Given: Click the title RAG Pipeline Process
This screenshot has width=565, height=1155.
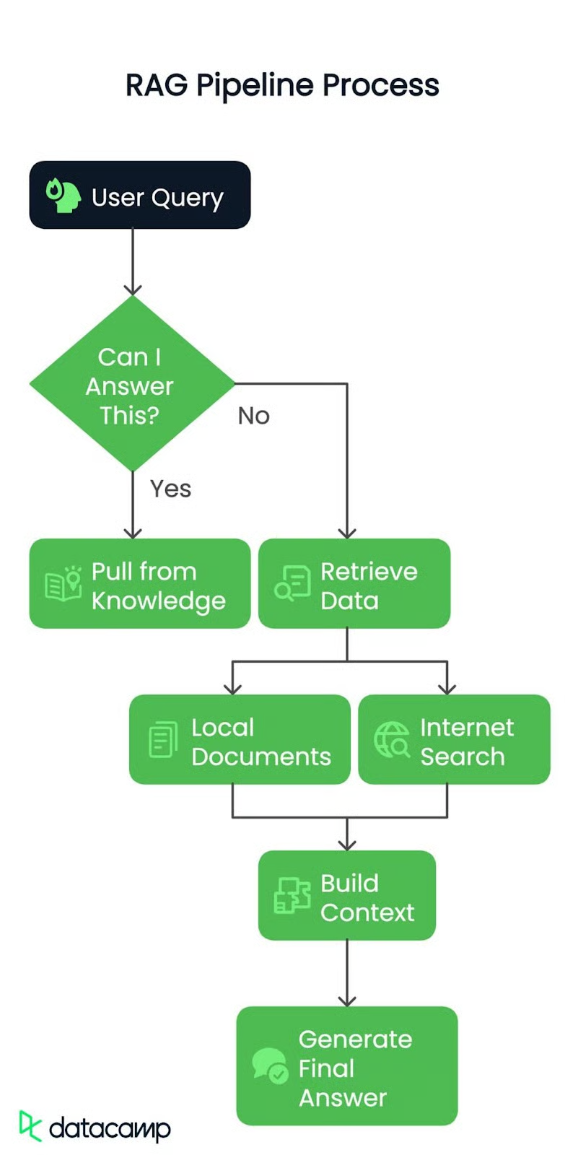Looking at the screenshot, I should click(x=282, y=85).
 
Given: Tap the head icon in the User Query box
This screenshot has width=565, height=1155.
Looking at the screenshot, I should click(x=63, y=196).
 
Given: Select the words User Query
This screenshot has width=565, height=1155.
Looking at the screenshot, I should click(x=157, y=197).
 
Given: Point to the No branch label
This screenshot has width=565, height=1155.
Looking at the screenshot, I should click(x=253, y=416).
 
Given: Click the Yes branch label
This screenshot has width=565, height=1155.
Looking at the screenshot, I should click(x=170, y=489).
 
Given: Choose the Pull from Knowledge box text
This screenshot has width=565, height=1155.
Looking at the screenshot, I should click(x=158, y=585).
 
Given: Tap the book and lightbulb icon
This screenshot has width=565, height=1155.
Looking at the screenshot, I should click(x=63, y=584).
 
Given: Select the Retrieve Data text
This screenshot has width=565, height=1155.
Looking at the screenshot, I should click(x=369, y=585).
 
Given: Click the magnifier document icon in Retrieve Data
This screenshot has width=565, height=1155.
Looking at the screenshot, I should click(x=292, y=584).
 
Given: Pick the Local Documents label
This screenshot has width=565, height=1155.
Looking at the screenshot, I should click(x=260, y=741).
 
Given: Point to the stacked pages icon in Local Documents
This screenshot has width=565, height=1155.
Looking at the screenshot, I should click(x=163, y=739).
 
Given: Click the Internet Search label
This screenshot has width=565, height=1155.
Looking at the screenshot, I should click(x=466, y=741).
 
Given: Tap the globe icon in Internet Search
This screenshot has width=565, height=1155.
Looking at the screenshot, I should click(x=392, y=739).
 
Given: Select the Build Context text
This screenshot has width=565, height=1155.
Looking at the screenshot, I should click(x=367, y=897).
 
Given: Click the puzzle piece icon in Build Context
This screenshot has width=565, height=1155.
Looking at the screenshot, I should click(x=292, y=896).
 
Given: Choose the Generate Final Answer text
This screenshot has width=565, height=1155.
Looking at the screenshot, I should click(x=355, y=1068).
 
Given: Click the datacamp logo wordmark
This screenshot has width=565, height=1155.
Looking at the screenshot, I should click(x=109, y=1128).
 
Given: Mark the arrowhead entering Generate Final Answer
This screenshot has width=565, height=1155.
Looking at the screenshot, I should click(x=347, y=1001).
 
